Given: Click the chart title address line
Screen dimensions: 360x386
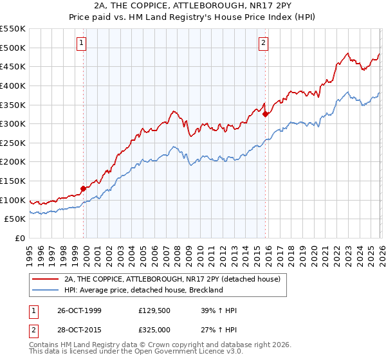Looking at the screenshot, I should pyautogui.click(x=193, y=6).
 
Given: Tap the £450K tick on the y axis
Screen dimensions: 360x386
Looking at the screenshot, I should pyautogui.click(x=13, y=66).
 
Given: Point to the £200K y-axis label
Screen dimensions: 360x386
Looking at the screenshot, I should pyautogui.click(x=13, y=162).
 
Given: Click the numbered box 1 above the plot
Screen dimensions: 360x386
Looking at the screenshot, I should pyautogui.click(x=82, y=43).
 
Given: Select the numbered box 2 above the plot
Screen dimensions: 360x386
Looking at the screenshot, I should pyautogui.click(x=264, y=43).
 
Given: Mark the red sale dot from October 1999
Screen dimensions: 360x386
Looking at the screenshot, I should pyautogui.click(x=83, y=188).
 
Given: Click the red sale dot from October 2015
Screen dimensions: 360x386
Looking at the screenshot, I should pyautogui.click(x=265, y=114).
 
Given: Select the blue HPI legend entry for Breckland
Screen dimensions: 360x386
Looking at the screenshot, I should pyautogui.click(x=143, y=290).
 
